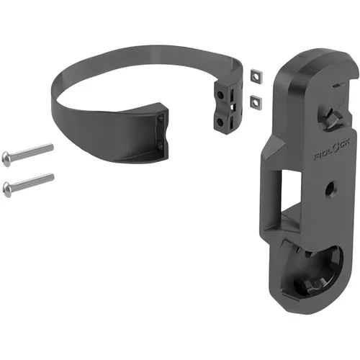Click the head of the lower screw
point(9,189)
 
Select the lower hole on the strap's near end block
point(160,145)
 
